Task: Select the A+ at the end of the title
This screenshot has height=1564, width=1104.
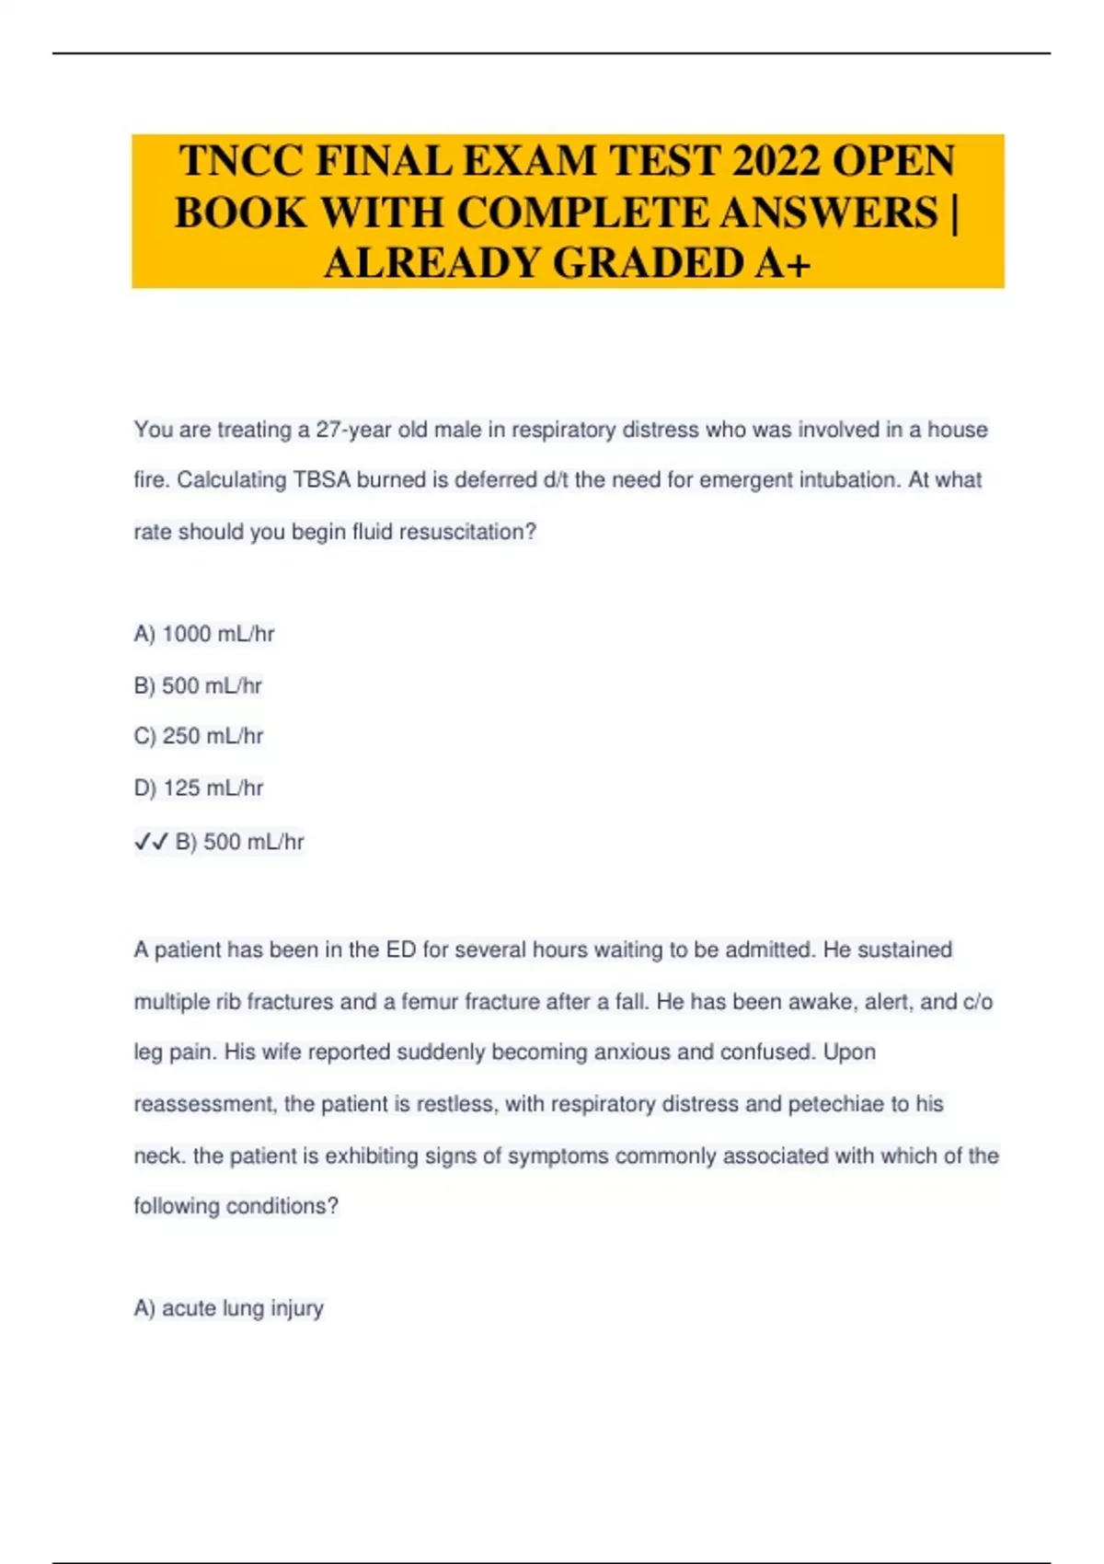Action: [783, 263]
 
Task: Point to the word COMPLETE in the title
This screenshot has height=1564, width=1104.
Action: [584, 213]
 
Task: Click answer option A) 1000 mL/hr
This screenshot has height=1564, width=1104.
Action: [204, 634]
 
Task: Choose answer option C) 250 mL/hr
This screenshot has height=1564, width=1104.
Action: [199, 736]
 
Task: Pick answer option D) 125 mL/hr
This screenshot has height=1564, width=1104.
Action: [199, 788]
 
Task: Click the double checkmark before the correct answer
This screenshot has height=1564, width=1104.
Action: [151, 842]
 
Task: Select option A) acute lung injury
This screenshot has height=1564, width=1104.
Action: [228, 1308]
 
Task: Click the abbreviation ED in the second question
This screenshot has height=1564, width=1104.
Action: [401, 949]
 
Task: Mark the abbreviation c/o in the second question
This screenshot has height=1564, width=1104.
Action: [977, 1001]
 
